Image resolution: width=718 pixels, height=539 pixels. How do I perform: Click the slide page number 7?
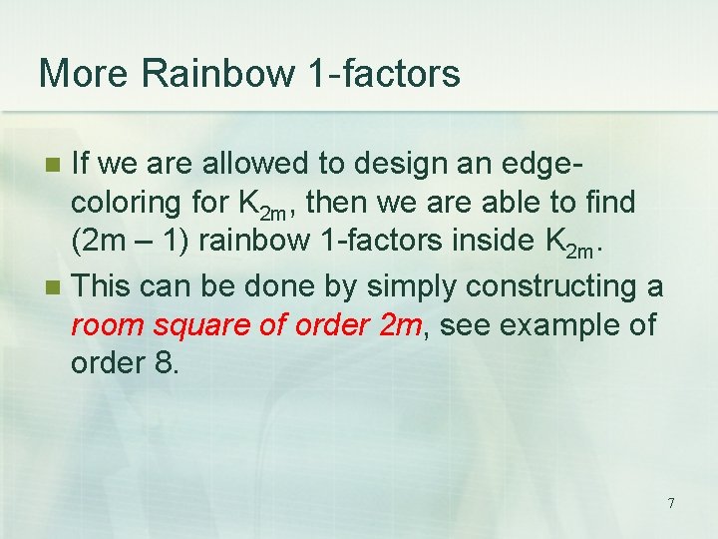point(671,503)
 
